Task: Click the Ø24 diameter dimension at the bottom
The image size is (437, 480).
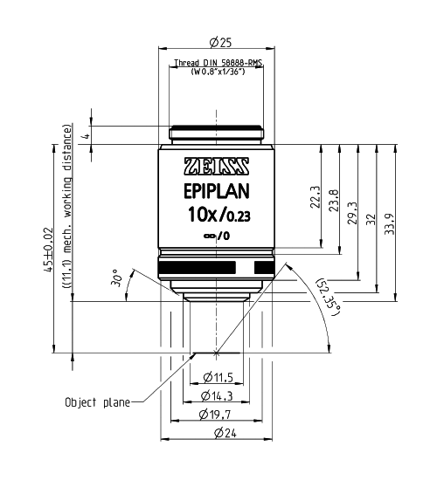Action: pyautogui.click(x=218, y=431)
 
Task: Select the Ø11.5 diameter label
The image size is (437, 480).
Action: pyautogui.click(x=218, y=377)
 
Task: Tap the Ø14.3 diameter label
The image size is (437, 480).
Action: pyautogui.click(x=218, y=395)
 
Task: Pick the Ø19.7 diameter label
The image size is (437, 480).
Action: pyautogui.click(x=218, y=413)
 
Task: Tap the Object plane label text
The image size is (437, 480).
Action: pyautogui.click(x=97, y=402)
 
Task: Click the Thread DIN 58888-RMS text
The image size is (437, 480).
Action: pyautogui.click(x=218, y=64)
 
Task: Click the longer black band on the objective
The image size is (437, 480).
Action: pyautogui.click(x=199, y=266)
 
